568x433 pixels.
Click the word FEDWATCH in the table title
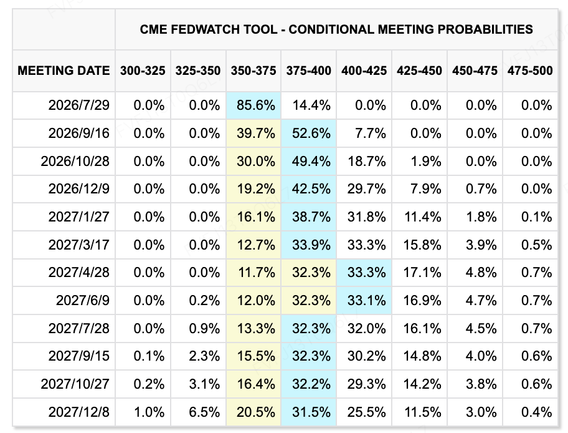(224, 29)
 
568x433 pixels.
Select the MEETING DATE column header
(64, 71)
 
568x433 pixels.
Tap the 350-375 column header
(253, 71)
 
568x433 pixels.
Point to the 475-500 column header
(530, 71)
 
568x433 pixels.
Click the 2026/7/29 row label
(79, 105)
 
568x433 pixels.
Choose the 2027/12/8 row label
(79, 412)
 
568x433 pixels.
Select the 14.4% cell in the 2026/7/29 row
(311, 105)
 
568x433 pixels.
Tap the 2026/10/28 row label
(75, 161)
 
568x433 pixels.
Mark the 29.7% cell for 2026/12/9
(367, 188)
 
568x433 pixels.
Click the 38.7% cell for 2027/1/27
(311, 217)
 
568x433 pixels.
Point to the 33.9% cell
(311, 245)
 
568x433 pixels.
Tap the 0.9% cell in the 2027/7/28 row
(204, 328)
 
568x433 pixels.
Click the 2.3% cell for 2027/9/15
(204, 356)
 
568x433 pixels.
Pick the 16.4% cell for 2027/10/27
(256, 384)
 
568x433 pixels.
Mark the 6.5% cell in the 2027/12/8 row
(204, 412)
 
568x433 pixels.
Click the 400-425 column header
(364, 71)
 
